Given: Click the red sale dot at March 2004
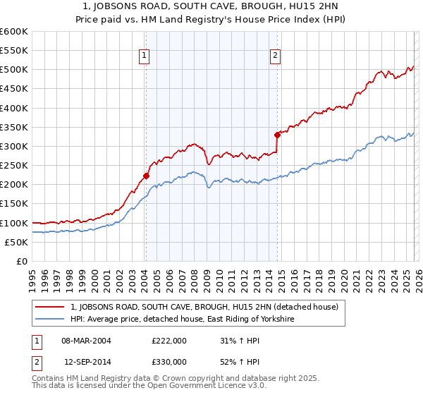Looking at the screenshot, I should (x=146, y=176).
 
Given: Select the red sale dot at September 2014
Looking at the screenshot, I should (x=277, y=135).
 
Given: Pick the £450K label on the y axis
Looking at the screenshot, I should (x=16, y=89).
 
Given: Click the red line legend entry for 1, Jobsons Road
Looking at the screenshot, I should (x=204, y=307).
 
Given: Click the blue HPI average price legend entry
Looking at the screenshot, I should (x=182, y=320).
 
